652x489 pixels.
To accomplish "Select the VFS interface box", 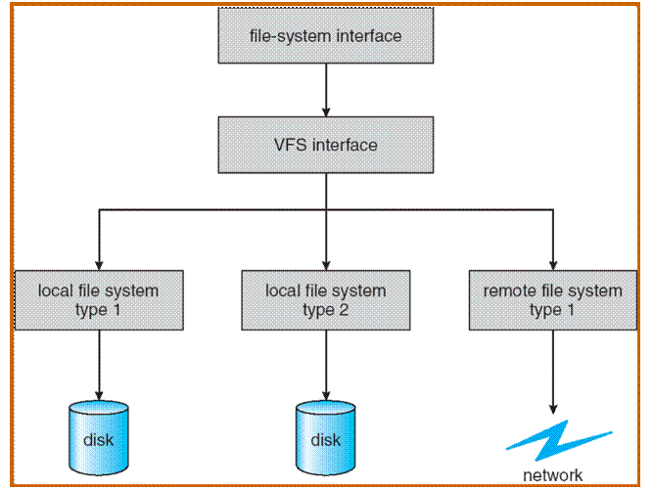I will (x=325, y=145).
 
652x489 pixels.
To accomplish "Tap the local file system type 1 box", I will (x=98, y=299).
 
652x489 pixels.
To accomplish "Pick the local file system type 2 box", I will (x=325, y=299).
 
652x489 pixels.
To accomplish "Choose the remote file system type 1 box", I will (x=553, y=299).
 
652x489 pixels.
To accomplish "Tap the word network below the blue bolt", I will (x=552, y=475).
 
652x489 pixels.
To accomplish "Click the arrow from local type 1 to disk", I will (x=98, y=362).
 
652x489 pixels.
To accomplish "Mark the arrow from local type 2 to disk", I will (x=325, y=362).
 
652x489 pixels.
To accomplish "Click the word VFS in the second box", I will (x=291, y=145).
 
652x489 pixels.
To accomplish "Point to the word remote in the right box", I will (x=508, y=291).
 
